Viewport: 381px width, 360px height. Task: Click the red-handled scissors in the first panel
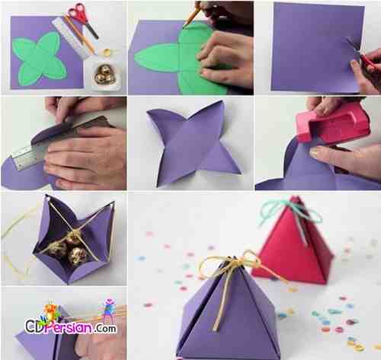point(82,21)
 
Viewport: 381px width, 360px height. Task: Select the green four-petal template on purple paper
point(40,59)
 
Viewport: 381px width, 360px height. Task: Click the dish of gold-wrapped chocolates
point(105,75)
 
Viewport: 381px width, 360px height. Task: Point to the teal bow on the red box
point(290,212)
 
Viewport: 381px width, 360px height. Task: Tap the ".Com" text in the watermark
point(106,328)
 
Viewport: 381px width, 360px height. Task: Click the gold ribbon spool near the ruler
point(107,53)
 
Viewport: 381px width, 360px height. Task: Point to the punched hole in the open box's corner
point(47,197)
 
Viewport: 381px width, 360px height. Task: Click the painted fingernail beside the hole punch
point(314,153)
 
